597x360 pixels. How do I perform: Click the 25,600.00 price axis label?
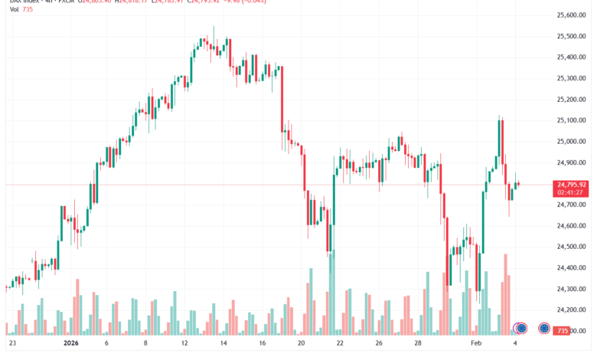[x=572, y=15]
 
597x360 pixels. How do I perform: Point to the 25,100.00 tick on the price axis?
[x=572, y=120]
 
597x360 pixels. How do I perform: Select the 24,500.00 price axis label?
[x=572, y=247]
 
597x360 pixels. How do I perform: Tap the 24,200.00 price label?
[x=572, y=309]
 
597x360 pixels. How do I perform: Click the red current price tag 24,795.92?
[x=572, y=185]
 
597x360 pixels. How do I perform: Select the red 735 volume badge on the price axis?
[x=563, y=330]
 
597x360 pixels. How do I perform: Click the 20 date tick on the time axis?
[x=302, y=344]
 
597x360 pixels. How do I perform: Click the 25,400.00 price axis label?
[x=572, y=57]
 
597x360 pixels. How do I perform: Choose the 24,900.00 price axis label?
[x=572, y=162]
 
